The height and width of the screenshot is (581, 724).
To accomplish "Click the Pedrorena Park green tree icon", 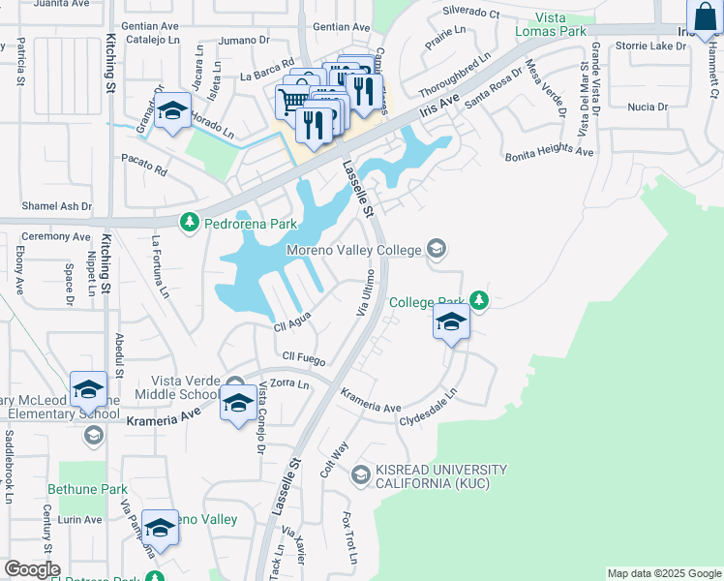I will (190, 223).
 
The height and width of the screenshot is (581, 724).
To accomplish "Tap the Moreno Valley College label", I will (353, 251).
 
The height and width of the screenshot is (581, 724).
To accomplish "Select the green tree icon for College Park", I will (478, 299).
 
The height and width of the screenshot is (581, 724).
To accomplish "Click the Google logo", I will (32, 569).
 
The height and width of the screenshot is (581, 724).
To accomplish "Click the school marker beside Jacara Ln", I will (172, 115).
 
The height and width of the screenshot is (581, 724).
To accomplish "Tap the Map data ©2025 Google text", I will (664, 573).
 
